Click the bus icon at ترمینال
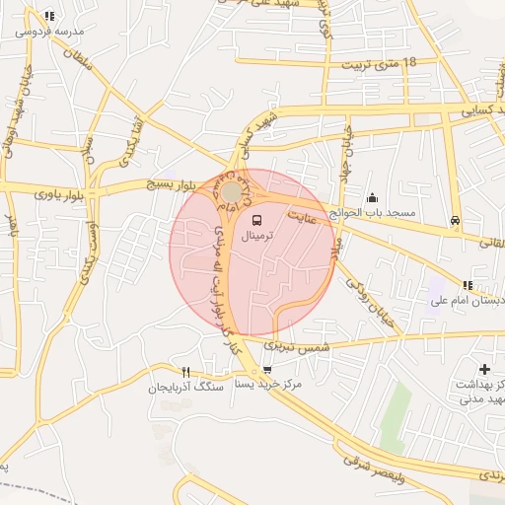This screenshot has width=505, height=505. click(x=257, y=219)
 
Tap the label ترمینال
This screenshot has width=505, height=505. click(x=257, y=237)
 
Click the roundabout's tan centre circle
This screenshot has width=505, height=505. click(x=231, y=190)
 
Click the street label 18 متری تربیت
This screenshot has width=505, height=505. click(x=380, y=64)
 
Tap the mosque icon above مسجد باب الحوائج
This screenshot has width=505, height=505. click(x=372, y=196)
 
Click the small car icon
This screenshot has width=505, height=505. click(x=454, y=220)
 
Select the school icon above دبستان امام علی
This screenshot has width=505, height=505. click(x=468, y=285)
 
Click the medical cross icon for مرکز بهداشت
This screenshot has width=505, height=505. click(x=483, y=369)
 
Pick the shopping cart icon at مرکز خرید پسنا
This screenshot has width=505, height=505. click(x=266, y=371)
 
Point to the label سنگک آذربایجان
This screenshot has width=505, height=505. click(x=184, y=388)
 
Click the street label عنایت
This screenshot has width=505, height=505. click(x=302, y=215)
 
